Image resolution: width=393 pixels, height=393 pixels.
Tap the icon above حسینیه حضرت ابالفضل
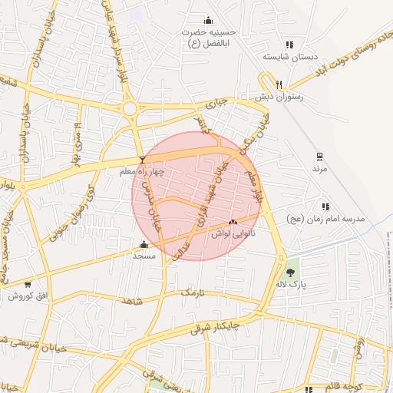pos(207,20)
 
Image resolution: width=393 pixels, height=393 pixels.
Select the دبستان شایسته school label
pos(284,56)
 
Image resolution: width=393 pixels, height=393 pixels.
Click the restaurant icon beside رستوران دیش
pos(279,84)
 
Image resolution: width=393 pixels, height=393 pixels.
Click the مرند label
pos(319,167)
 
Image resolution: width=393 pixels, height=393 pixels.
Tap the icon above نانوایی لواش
pos(233,221)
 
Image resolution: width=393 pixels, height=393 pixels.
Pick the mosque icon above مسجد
pos(144,245)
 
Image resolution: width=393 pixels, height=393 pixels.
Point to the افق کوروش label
pos(30,296)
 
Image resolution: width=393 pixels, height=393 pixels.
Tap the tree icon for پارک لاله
pos(291,272)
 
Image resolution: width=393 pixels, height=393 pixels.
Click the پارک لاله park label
pos(292,285)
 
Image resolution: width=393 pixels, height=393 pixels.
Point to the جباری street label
pos(220,101)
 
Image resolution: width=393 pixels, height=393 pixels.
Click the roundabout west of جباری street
pos(130,109)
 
